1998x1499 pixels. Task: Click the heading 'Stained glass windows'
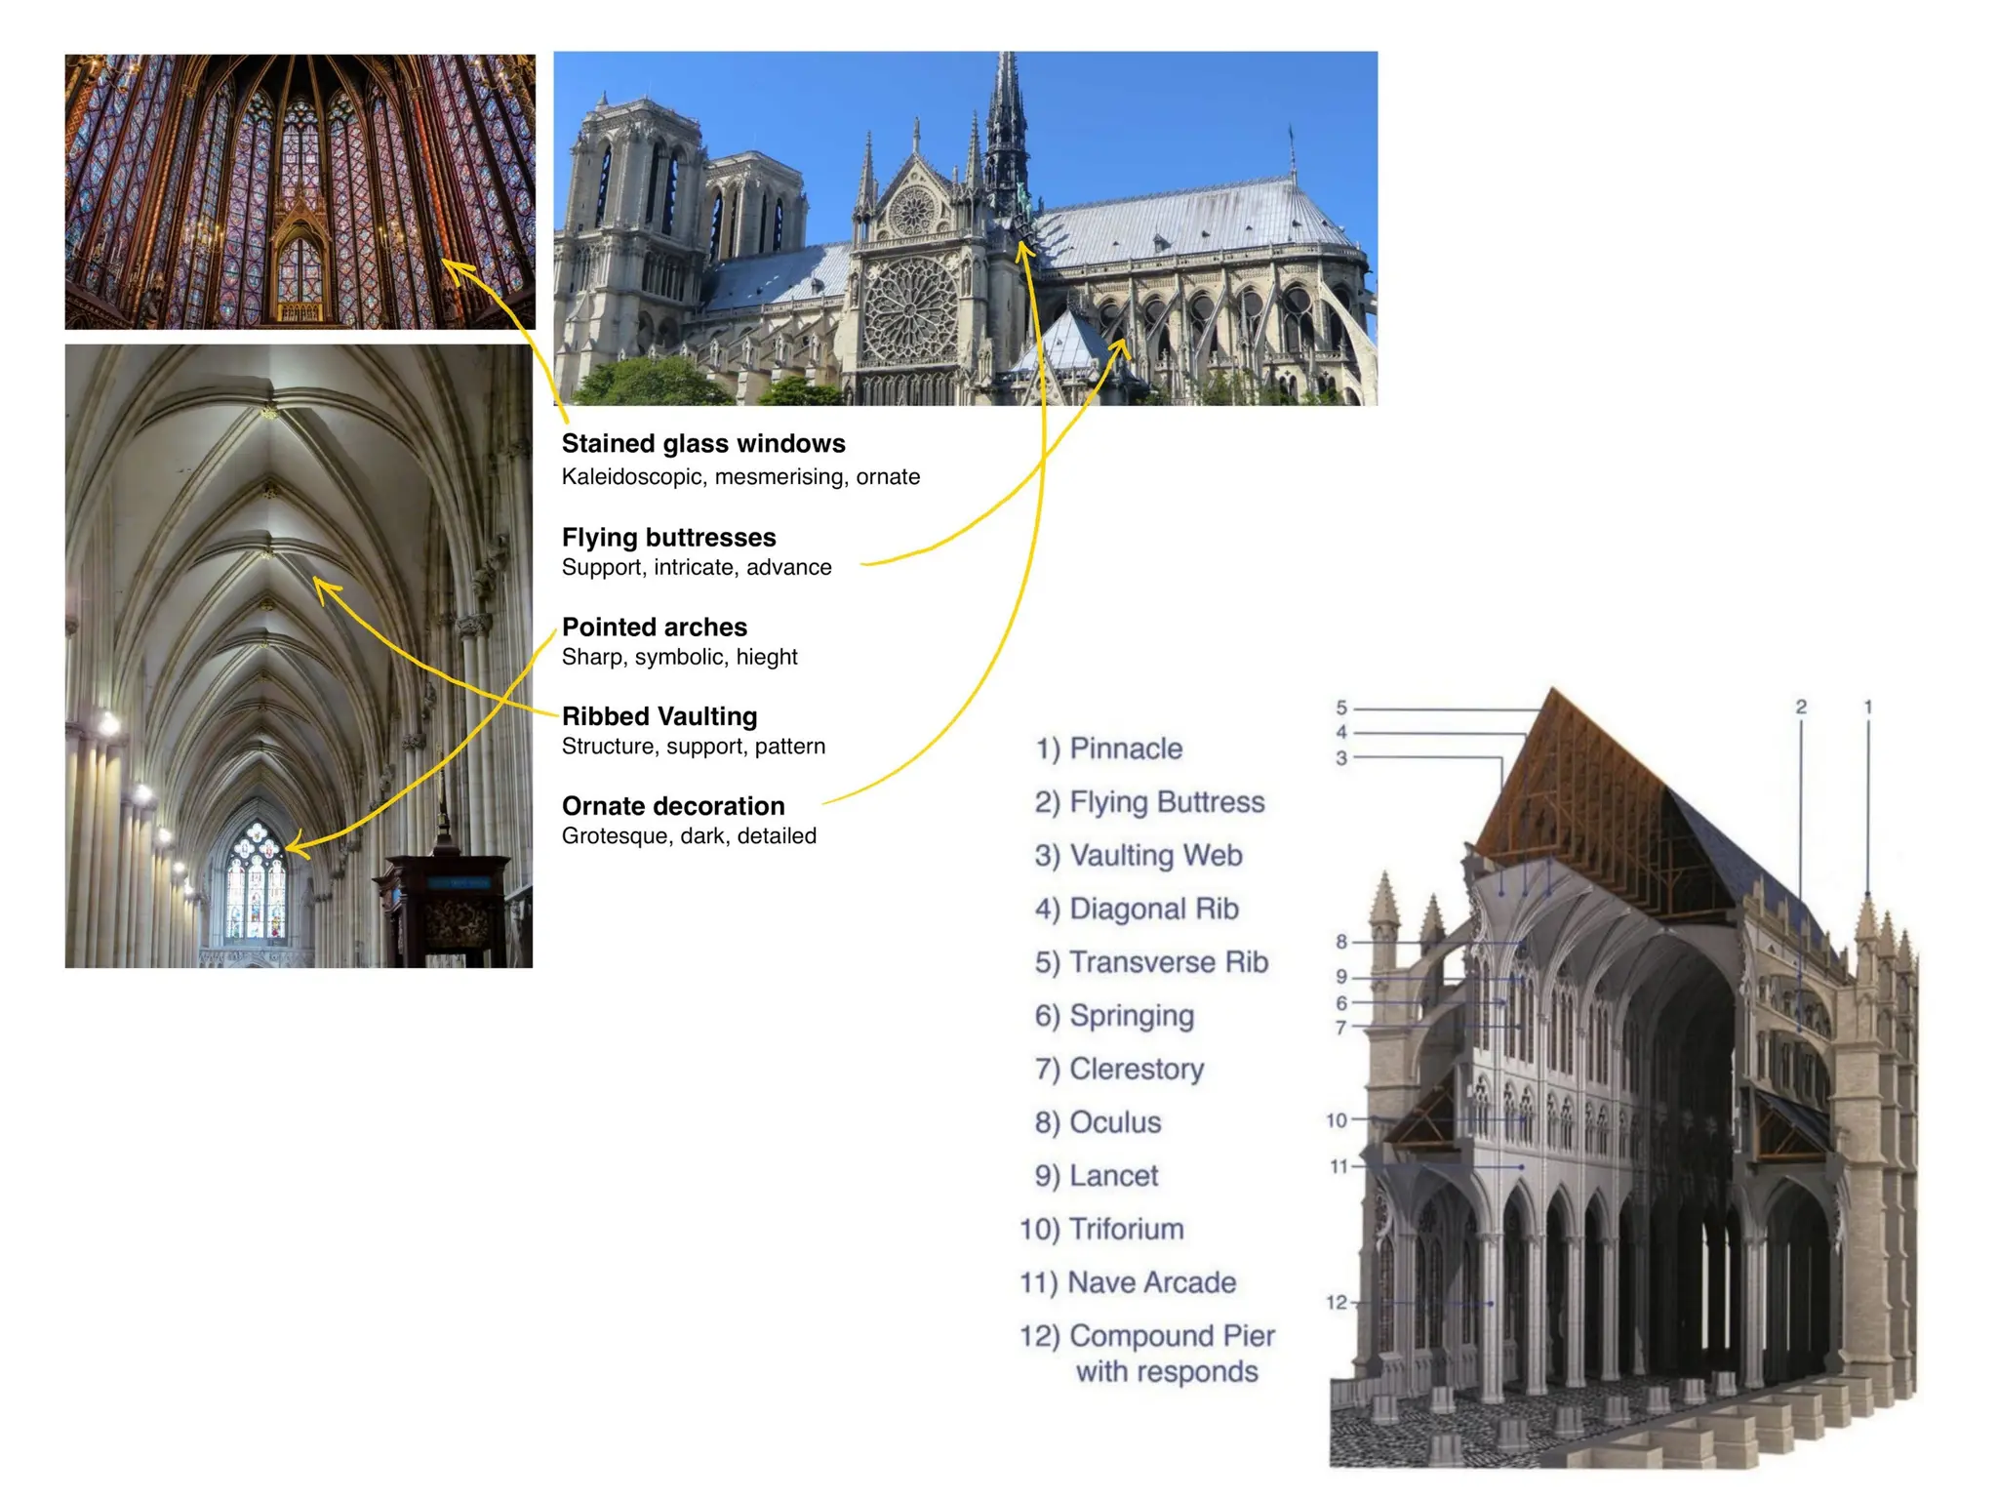point(703,444)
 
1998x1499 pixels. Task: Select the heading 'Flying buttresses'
point(668,538)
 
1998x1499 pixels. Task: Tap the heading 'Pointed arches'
point(654,628)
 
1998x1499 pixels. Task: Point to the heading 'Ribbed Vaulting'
point(659,717)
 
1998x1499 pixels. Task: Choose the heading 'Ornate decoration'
point(672,806)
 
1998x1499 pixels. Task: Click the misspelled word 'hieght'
point(767,658)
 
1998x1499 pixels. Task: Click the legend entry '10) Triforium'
point(1101,1229)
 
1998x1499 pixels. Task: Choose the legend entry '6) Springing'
point(1114,1016)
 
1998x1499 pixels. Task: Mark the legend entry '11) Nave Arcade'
point(1128,1282)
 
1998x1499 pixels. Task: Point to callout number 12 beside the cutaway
point(1336,1302)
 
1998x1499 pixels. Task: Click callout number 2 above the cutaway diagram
point(1801,707)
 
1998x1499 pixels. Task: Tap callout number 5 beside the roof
point(1341,708)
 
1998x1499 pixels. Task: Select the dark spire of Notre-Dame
point(1007,137)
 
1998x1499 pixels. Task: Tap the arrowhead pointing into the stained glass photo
point(451,264)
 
